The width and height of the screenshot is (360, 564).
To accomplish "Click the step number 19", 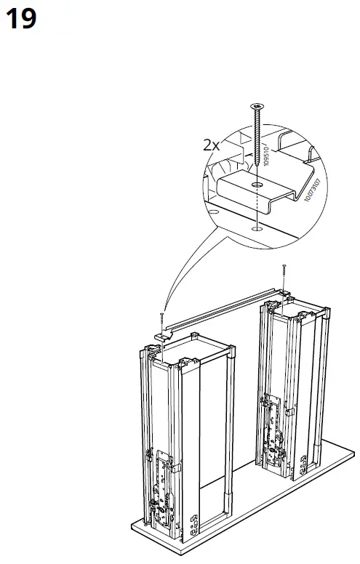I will pyautogui.click(x=21, y=19).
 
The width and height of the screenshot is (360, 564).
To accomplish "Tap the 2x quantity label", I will pyautogui.click(x=211, y=145).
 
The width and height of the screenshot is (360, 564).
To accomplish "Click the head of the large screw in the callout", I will pyautogui.click(x=256, y=107).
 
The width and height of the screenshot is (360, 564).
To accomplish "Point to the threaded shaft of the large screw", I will pyautogui.click(x=256, y=134).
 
